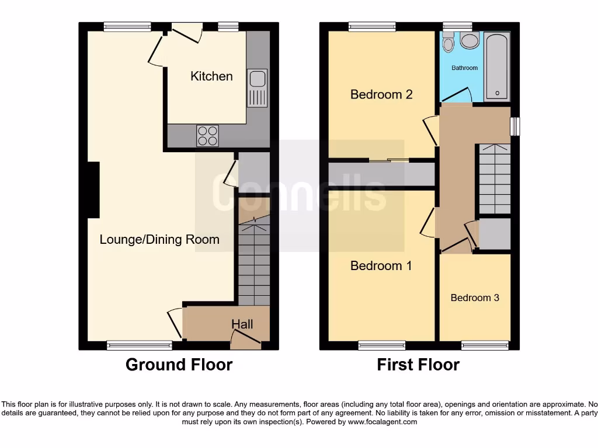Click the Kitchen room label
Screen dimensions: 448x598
(211, 76)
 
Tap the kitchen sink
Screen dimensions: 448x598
(257, 88)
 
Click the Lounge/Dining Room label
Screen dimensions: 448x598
(159, 239)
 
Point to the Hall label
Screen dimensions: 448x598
(242, 324)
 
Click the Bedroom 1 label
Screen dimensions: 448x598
(381, 266)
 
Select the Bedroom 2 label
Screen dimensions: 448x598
(381, 94)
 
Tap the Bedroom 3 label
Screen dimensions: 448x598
(475, 297)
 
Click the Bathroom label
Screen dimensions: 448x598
(465, 68)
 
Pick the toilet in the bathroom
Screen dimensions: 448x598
(469, 40)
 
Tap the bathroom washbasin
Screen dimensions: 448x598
(448, 43)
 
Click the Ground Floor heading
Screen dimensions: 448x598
(179, 365)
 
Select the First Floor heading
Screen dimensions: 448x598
(418, 365)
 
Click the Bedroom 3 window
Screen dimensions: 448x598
(485, 346)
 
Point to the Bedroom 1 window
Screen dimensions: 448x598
(381, 346)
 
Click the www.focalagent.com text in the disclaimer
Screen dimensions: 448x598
(383, 422)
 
